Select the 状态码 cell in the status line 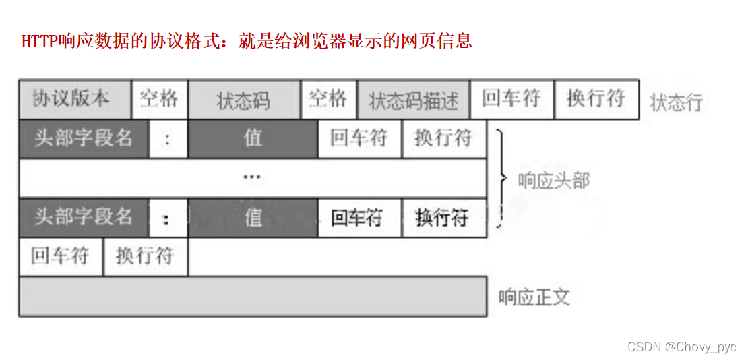pyautogui.click(x=244, y=100)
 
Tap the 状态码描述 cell pyautogui.click(x=413, y=100)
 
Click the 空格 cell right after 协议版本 pyautogui.click(x=160, y=100)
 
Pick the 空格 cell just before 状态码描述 pyautogui.click(x=328, y=100)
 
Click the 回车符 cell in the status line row pyautogui.click(x=511, y=99)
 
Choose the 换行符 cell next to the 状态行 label pyautogui.click(x=596, y=99)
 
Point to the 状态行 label pyautogui.click(x=676, y=102)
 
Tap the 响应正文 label pyautogui.click(x=534, y=297)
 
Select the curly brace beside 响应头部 pyautogui.click(x=501, y=179)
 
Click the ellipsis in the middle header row pyautogui.click(x=252, y=178)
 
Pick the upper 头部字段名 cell pyautogui.click(x=84, y=139)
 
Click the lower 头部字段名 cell pyautogui.click(x=84, y=217)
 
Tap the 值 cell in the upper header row pyautogui.click(x=253, y=139)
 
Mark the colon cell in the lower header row pyautogui.click(x=167, y=218)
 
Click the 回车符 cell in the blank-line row pyautogui.click(x=61, y=256)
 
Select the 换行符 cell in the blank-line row pyautogui.click(x=145, y=256)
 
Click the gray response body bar pyautogui.click(x=252, y=296)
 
